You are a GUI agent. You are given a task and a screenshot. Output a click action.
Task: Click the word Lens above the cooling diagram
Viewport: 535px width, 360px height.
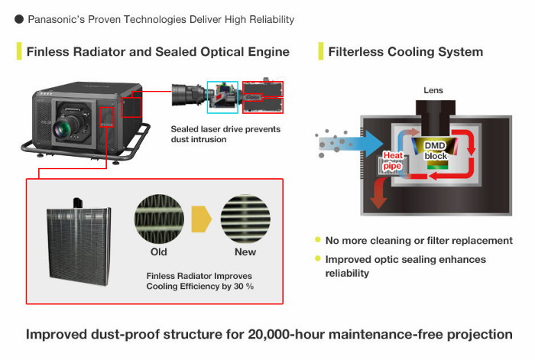[x=433, y=91]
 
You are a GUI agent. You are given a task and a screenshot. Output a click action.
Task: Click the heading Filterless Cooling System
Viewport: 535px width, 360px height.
[x=405, y=52]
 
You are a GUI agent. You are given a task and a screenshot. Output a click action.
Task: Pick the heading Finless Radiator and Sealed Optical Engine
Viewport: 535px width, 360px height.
[x=157, y=52]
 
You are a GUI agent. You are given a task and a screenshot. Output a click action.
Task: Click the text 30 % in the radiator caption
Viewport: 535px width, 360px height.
[x=241, y=286]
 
